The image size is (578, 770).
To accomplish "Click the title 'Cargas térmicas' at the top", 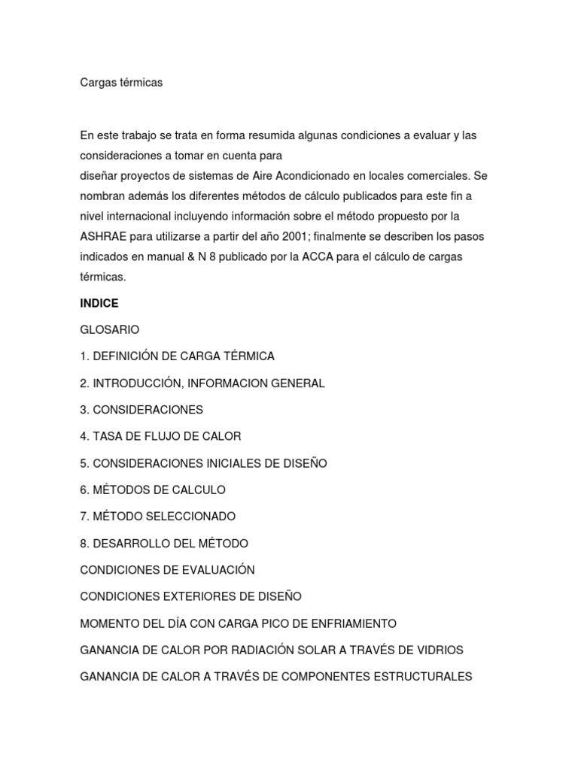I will click(x=121, y=83).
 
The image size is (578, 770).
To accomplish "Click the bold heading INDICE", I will click(x=99, y=303).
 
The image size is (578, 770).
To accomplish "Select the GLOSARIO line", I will click(x=110, y=329).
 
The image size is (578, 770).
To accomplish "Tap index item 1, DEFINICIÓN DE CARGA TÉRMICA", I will click(x=178, y=356).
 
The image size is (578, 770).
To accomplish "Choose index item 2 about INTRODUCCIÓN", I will click(x=202, y=383).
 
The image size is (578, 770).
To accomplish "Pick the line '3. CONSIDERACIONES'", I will click(x=141, y=410).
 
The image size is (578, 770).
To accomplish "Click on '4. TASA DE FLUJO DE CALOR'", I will click(x=160, y=436).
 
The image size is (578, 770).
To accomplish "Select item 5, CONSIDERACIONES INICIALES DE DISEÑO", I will click(x=203, y=463).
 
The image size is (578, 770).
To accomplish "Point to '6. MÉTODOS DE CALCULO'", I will click(x=153, y=490).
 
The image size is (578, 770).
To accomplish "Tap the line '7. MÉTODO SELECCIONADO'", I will click(x=158, y=517).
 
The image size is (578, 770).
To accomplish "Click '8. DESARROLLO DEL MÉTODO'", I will click(x=164, y=543).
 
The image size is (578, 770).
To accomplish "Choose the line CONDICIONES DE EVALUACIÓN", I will click(x=168, y=570).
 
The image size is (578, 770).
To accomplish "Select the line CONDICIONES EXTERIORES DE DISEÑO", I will click(x=190, y=596).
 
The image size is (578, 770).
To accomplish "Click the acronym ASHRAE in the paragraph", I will click(x=103, y=236).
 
